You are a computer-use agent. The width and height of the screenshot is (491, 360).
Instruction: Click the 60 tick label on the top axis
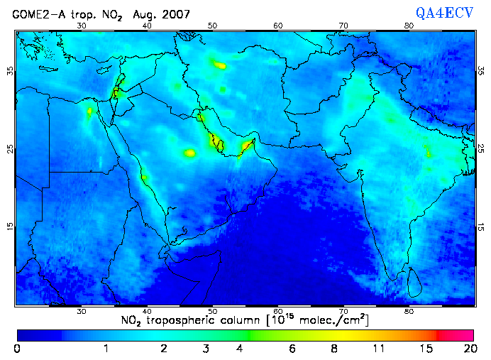278,26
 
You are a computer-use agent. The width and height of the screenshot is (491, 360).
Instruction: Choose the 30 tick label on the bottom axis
82,311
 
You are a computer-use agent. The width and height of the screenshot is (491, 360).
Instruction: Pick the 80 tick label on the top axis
409,26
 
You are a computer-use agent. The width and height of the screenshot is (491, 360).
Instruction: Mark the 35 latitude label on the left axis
10,72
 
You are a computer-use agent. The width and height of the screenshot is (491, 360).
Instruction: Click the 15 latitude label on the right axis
480,226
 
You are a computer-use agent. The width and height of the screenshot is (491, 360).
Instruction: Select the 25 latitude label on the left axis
10,148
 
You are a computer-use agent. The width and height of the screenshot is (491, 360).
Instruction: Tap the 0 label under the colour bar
17,349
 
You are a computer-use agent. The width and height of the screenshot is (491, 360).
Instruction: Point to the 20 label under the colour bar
468,349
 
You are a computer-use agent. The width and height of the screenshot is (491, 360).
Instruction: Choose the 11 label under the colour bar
380,349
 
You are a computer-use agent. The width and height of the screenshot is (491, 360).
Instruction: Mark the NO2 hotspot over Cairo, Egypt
89,111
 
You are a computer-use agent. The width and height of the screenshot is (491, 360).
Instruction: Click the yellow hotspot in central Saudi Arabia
189,153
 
